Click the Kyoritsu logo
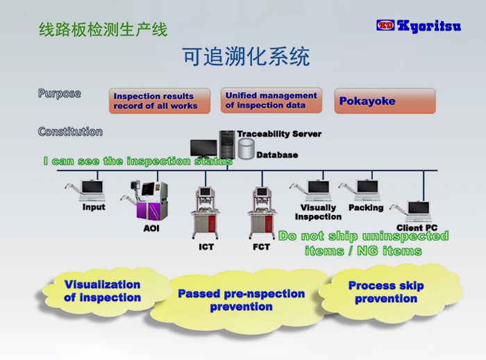tap(418, 26)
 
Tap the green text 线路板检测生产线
tap(103, 30)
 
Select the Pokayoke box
tap(385, 101)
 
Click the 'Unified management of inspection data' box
tap(271, 101)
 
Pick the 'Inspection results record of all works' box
tap(160, 101)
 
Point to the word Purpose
tap(59, 93)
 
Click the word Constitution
tap(70, 131)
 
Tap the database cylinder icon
tap(246, 148)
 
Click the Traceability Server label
tap(279, 134)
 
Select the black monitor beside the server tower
tap(203, 148)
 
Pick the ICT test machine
tap(206, 212)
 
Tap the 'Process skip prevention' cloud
tap(386, 292)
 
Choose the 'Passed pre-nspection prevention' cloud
tap(241, 300)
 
